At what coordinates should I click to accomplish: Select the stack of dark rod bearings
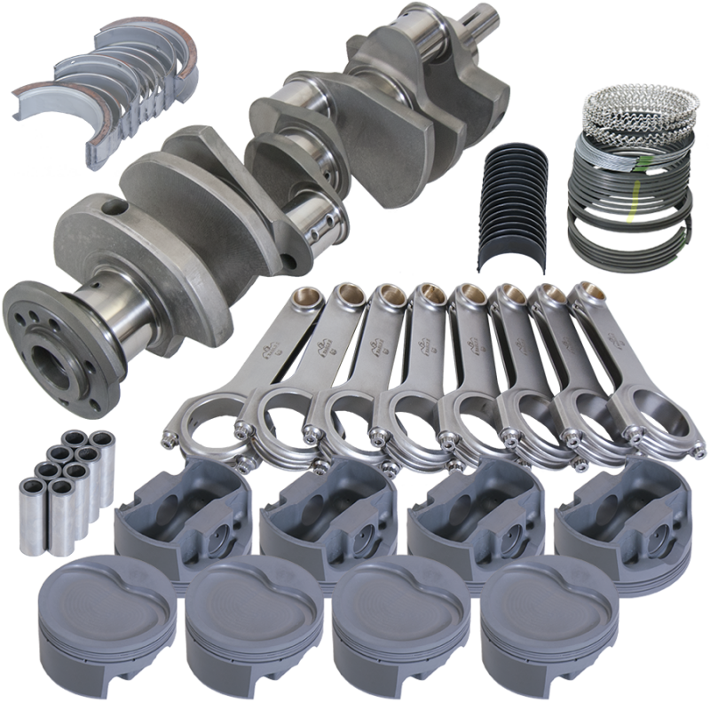tap(515, 200)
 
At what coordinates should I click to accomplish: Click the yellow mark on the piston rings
tap(632, 211)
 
